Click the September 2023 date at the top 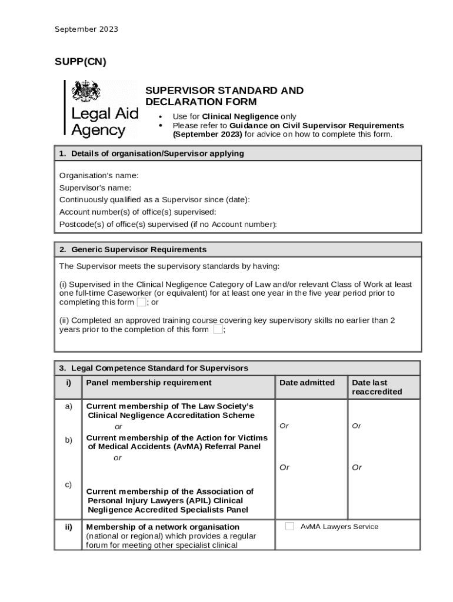click(x=86, y=29)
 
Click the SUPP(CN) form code click(x=81, y=62)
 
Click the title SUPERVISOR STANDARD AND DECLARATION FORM click(x=224, y=96)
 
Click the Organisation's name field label click(x=99, y=175)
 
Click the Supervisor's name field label click(x=95, y=188)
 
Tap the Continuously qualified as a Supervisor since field click(x=154, y=200)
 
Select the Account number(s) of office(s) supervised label click(x=138, y=212)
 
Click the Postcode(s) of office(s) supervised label click(x=168, y=224)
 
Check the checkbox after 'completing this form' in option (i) click(x=141, y=302)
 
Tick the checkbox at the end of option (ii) click(x=218, y=330)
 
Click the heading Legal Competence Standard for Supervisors click(x=159, y=368)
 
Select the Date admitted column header click(x=307, y=383)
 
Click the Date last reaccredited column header click(x=377, y=387)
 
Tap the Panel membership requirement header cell click(x=149, y=383)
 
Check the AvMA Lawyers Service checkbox click(x=289, y=526)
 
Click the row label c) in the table click(x=69, y=484)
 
